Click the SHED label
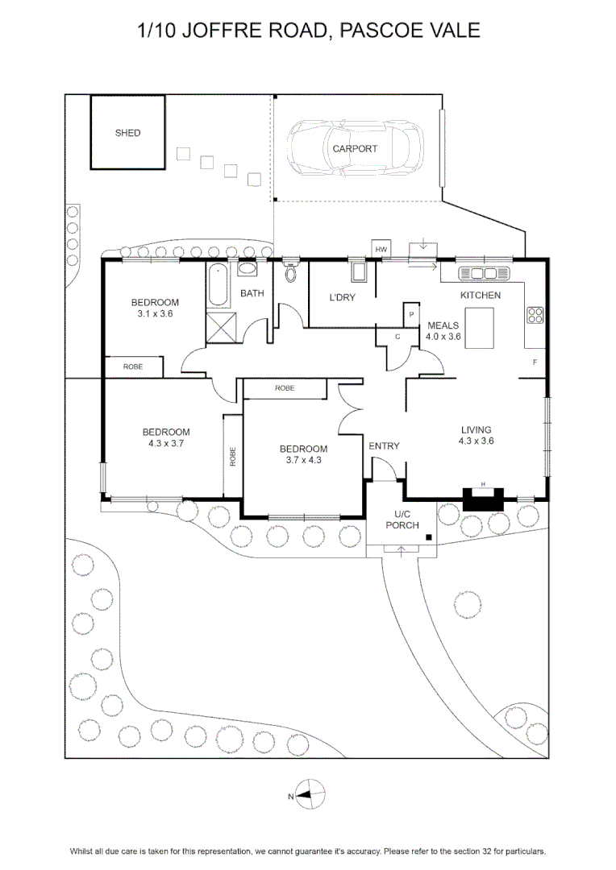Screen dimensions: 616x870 (x=127, y=133)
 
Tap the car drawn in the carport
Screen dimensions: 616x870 (x=356, y=149)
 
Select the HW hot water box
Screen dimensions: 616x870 (x=381, y=249)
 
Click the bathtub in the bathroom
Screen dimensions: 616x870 (x=219, y=285)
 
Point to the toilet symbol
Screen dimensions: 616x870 (x=290, y=271)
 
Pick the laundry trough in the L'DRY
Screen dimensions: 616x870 (x=360, y=272)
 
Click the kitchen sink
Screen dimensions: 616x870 (x=484, y=274)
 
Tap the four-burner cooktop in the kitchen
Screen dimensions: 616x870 (x=535, y=315)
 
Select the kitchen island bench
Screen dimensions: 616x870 (x=480, y=328)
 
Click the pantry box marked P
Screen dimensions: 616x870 (x=411, y=315)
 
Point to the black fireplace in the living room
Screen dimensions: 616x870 (x=483, y=499)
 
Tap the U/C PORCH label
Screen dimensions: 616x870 (x=402, y=520)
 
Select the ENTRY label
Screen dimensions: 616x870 (x=385, y=446)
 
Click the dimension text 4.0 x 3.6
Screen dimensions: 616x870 (x=443, y=336)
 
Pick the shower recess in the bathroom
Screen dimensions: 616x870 (x=221, y=329)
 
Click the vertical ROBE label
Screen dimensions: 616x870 (x=233, y=456)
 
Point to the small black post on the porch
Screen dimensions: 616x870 (x=429, y=537)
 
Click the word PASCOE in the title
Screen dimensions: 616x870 (x=374, y=30)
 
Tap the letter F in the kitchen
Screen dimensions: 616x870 (x=535, y=362)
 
